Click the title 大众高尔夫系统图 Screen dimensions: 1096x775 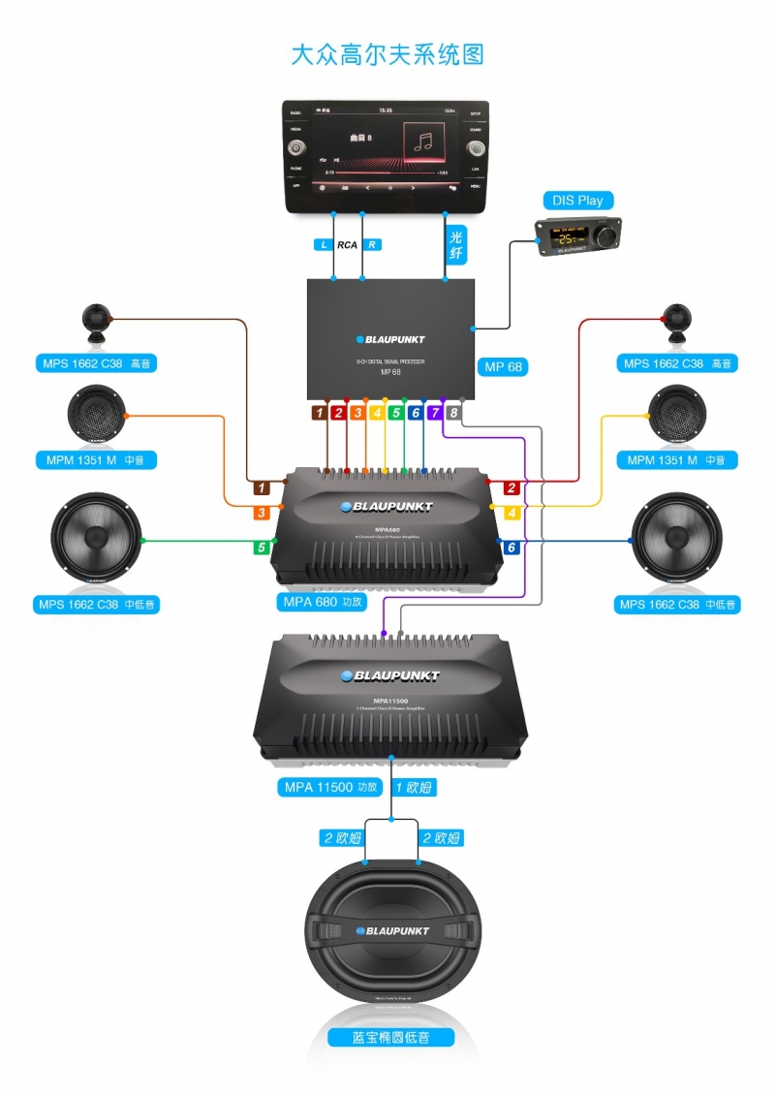387,54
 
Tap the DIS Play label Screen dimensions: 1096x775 577,201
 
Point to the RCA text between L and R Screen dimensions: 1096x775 347,245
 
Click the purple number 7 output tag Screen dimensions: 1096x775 435,413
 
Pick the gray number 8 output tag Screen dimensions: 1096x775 454,413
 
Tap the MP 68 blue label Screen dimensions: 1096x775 503,366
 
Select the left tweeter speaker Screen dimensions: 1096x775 96,323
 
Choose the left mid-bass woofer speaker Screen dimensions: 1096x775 96,539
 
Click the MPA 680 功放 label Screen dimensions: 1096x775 323,602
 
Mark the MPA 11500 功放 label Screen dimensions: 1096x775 329,787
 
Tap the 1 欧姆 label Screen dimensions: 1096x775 414,788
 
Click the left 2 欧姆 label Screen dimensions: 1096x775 341,837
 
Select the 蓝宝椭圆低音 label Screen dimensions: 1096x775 390,1037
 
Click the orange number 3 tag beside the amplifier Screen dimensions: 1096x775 262,513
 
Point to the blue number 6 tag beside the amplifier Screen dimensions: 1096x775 511,548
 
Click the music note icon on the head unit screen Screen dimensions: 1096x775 423,141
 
